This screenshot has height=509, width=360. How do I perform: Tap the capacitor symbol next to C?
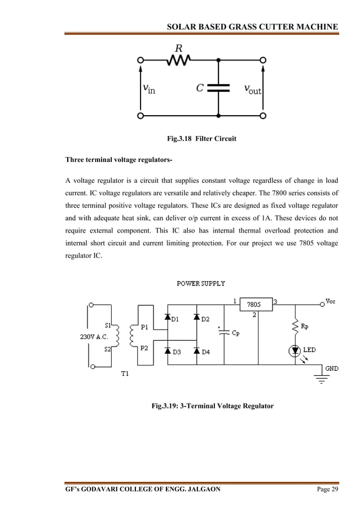point(218,88)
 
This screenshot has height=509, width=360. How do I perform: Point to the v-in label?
point(149,89)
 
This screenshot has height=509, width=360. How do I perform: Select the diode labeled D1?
point(168,318)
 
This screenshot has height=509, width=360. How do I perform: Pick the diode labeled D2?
point(196,318)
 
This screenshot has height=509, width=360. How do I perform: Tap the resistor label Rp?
point(305,326)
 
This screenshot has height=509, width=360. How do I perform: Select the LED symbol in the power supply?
point(295,350)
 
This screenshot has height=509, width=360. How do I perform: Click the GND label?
point(331,368)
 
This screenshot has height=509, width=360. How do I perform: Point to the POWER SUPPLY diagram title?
point(201,283)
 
